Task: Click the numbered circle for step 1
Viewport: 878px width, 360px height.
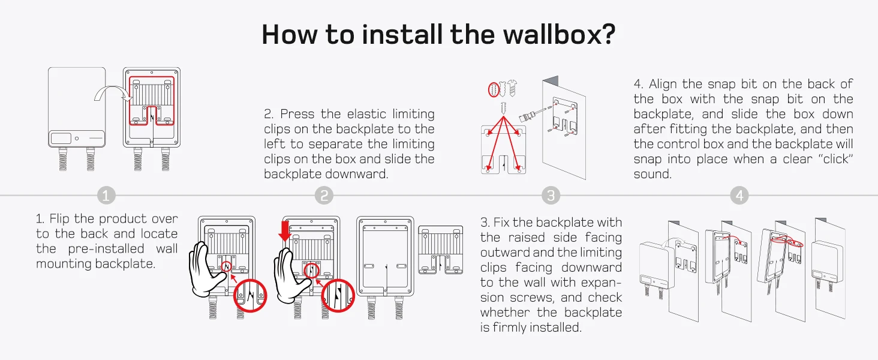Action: (x=106, y=196)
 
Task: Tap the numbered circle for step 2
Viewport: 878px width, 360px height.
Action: (x=323, y=196)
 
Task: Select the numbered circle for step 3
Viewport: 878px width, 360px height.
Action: (x=550, y=196)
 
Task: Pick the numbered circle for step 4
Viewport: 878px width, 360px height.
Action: (x=739, y=196)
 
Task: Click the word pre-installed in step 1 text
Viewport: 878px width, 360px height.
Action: (x=107, y=249)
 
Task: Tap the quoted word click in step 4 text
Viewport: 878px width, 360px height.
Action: (x=827, y=159)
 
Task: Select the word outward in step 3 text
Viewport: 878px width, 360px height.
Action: (x=504, y=253)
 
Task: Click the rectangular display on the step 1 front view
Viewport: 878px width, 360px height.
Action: (x=61, y=137)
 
